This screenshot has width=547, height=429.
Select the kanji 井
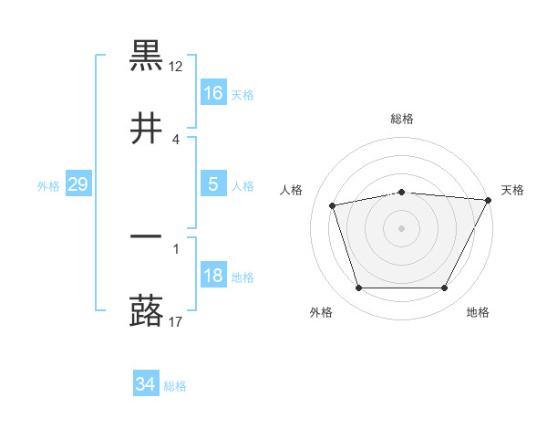point(146,128)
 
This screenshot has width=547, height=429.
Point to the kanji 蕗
point(146,310)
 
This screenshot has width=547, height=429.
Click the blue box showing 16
point(213,92)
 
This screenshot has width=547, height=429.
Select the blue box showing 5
point(213,184)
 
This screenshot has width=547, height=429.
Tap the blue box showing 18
point(213,276)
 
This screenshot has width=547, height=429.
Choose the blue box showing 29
point(77,184)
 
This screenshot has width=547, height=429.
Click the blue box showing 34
point(145,384)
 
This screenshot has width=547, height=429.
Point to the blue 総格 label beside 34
point(175,386)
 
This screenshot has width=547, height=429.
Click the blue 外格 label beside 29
point(48,186)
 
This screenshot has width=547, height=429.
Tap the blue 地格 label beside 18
point(243,277)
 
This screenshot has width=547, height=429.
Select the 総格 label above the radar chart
point(402,119)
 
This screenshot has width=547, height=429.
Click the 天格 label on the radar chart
point(512,190)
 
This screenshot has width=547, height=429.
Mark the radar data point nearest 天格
point(489,200)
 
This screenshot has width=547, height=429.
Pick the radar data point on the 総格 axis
point(402,192)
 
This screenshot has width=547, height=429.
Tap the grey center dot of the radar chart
point(402,228)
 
